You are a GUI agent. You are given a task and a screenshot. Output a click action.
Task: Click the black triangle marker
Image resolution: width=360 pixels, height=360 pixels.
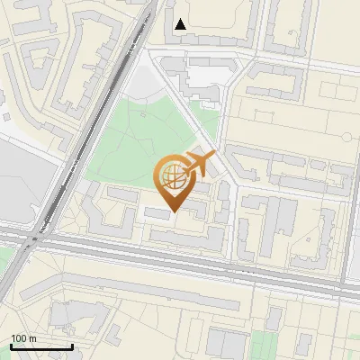pyautogui.click(x=181, y=24)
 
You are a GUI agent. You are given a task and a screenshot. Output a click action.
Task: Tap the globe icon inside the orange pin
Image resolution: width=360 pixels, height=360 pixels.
pyautogui.click(x=171, y=175)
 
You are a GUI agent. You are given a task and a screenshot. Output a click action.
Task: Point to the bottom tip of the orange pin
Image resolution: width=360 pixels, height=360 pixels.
pyautogui.click(x=174, y=212)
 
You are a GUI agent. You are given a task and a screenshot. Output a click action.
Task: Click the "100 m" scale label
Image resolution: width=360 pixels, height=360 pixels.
pyautogui.click(x=23, y=337)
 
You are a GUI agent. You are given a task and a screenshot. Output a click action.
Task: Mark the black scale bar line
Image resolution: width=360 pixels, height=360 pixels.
pyautogui.click(x=41, y=346)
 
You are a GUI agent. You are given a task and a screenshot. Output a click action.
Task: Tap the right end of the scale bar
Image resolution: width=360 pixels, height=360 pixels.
pyautogui.click(x=72, y=346)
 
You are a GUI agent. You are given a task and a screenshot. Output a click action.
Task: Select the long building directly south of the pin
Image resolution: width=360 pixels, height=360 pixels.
pyautogui.click(x=184, y=237)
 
